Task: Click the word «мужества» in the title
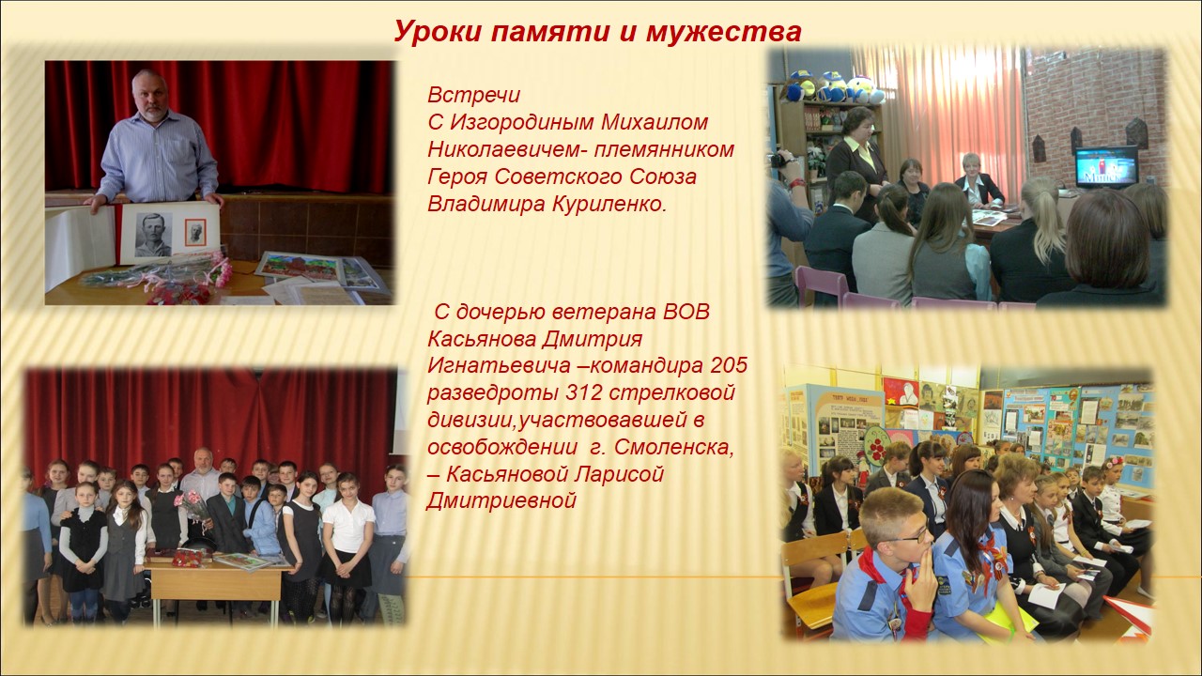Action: pos(724,31)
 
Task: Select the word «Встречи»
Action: pos(474,95)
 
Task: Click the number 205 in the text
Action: pos(729,365)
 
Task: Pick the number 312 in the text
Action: pos(584,392)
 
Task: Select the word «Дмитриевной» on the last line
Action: pos(501,501)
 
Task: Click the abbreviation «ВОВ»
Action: pos(686,312)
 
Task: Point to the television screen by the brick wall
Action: pos(1106,166)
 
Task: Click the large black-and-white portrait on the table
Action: pos(154,234)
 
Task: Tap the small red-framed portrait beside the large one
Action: pos(195,232)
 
